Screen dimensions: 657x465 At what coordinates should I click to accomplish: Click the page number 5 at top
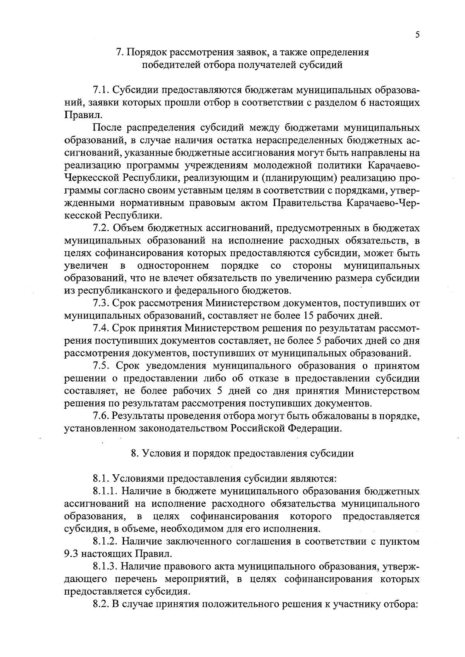tap(417, 34)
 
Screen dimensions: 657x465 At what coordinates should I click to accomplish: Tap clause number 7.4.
tap(101, 328)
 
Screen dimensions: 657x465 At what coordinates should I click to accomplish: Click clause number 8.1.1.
tap(105, 491)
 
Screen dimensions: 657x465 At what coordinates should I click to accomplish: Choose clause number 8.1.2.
tap(105, 541)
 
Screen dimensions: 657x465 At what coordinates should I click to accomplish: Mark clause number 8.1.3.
tap(105, 566)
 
